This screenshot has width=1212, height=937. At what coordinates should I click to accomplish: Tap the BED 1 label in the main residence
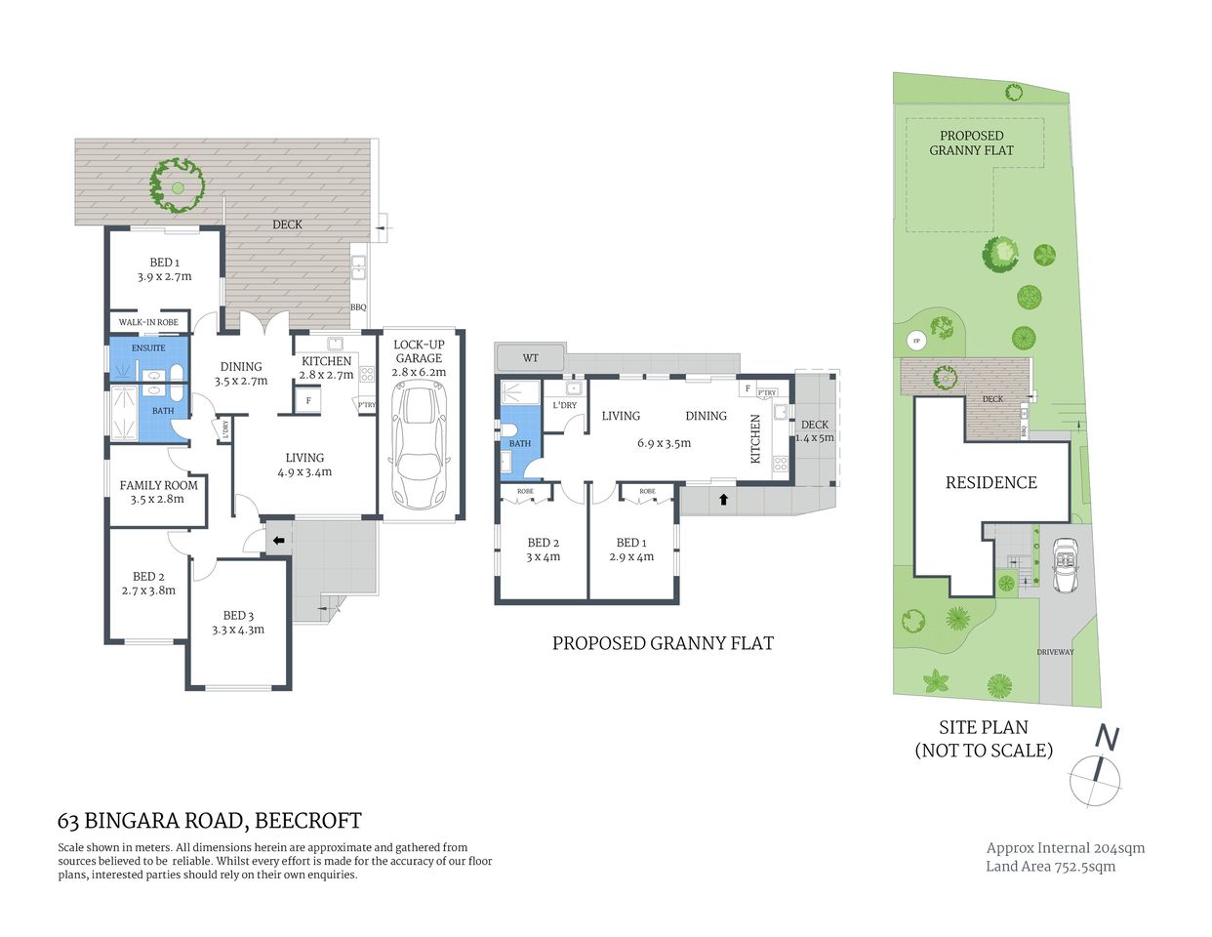coord(164,263)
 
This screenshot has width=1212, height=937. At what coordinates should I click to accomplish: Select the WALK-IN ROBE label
coord(148,322)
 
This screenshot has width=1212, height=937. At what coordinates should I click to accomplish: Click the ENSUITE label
coord(148,347)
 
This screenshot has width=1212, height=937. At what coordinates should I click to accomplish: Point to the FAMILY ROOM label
coord(158,485)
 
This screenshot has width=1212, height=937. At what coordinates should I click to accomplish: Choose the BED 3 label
coord(238,615)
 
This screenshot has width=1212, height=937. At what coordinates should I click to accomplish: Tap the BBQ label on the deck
coord(358,307)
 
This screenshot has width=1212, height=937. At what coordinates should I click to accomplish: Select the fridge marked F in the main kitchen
coord(308,400)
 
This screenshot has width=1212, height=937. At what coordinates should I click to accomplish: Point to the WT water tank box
coord(530,358)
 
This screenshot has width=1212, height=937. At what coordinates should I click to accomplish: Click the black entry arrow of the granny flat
coord(723,500)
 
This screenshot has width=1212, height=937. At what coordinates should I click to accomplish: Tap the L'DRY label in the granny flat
coord(564,405)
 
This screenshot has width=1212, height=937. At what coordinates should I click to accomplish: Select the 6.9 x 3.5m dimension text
coord(664,443)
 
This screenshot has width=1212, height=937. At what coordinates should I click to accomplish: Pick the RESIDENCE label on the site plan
coord(990,482)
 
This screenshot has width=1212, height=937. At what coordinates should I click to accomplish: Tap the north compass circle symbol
coord(1095,782)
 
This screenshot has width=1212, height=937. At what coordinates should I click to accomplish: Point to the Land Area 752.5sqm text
coord(1050,866)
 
